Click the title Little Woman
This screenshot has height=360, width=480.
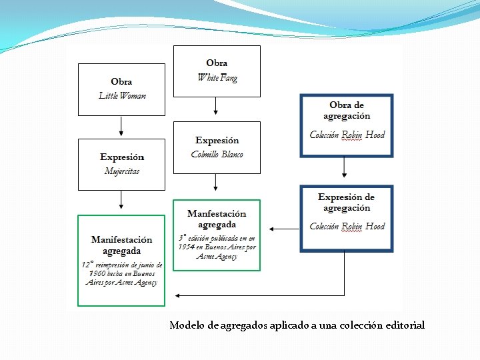(122, 95)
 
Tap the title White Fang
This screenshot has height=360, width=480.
(217, 77)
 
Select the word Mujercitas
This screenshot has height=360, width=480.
(122, 171)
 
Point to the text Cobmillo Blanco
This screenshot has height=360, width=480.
(217, 155)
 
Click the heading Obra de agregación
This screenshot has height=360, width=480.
(347, 110)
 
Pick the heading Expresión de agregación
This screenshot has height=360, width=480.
(347, 202)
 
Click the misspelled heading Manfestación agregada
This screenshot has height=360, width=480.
(217, 219)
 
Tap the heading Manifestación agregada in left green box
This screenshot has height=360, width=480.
(122, 245)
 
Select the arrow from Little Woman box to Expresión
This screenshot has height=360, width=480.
(121, 126)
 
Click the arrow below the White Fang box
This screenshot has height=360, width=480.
(216, 107)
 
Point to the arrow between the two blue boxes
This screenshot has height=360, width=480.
(345, 167)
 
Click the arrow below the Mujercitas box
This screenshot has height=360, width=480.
(121, 200)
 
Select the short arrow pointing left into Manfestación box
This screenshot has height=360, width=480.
(284, 229)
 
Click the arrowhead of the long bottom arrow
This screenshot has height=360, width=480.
(177, 295)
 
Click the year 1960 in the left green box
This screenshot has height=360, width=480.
(97, 273)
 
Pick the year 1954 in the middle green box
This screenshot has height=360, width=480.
(186, 247)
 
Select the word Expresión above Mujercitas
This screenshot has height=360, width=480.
(122, 157)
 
